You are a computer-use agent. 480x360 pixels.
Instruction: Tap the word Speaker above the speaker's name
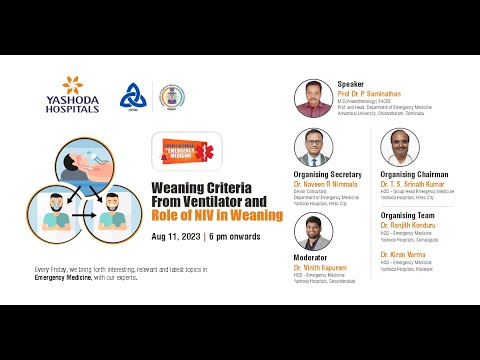pyautogui.click(x=352, y=84)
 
